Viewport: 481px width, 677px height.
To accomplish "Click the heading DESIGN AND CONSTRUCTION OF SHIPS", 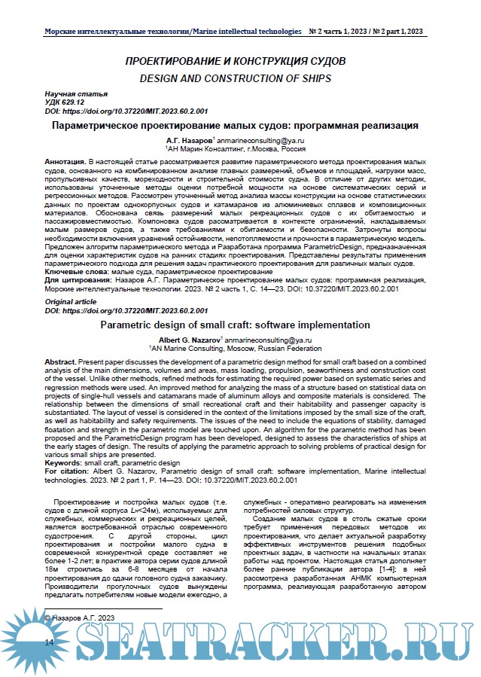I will click(235, 78).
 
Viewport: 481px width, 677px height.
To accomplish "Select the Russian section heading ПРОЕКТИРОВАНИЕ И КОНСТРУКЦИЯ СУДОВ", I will click(235, 59).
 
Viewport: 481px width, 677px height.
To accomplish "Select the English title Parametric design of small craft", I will click(235, 325).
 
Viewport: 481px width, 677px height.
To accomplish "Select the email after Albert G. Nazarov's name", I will click(267, 340).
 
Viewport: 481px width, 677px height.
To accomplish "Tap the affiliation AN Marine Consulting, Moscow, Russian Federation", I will click(235, 349).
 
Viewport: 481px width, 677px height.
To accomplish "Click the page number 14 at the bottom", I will click(50, 642).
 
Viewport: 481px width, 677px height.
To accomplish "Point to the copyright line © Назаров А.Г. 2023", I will click(80, 617).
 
